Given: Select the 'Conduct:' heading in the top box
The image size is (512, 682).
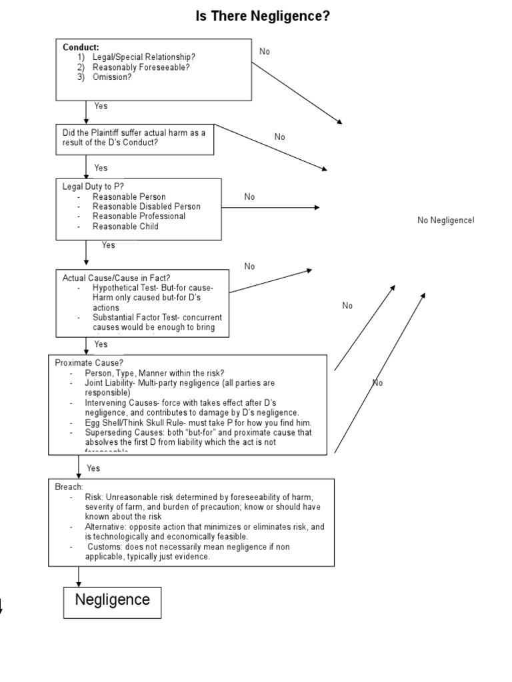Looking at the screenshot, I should pyautogui.click(x=81, y=47).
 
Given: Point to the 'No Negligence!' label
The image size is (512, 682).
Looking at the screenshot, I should pyautogui.click(x=446, y=220).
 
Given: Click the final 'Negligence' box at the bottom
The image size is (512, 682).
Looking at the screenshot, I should pyautogui.click(x=112, y=599).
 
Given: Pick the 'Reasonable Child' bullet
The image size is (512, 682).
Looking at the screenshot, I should pyautogui.click(x=125, y=226).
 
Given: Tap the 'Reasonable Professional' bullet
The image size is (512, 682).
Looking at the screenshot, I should pyautogui.click(x=139, y=216).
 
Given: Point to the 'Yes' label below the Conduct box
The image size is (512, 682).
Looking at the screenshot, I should pyautogui.click(x=101, y=106).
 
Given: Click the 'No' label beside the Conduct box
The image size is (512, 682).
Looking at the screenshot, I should pyautogui.click(x=265, y=51).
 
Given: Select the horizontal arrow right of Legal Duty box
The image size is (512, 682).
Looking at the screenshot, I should pyautogui.click(x=270, y=208).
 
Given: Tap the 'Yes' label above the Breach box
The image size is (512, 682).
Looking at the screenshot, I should pyautogui.click(x=93, y=468).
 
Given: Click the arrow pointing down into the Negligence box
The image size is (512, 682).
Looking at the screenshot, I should pyautogui.click(x=79, y=576).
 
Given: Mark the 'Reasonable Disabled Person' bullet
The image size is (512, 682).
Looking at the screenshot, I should pyautogui.click(x=146, y=206).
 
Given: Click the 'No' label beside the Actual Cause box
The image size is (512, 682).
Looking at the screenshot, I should pyautogui.click(x=249, y=266).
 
